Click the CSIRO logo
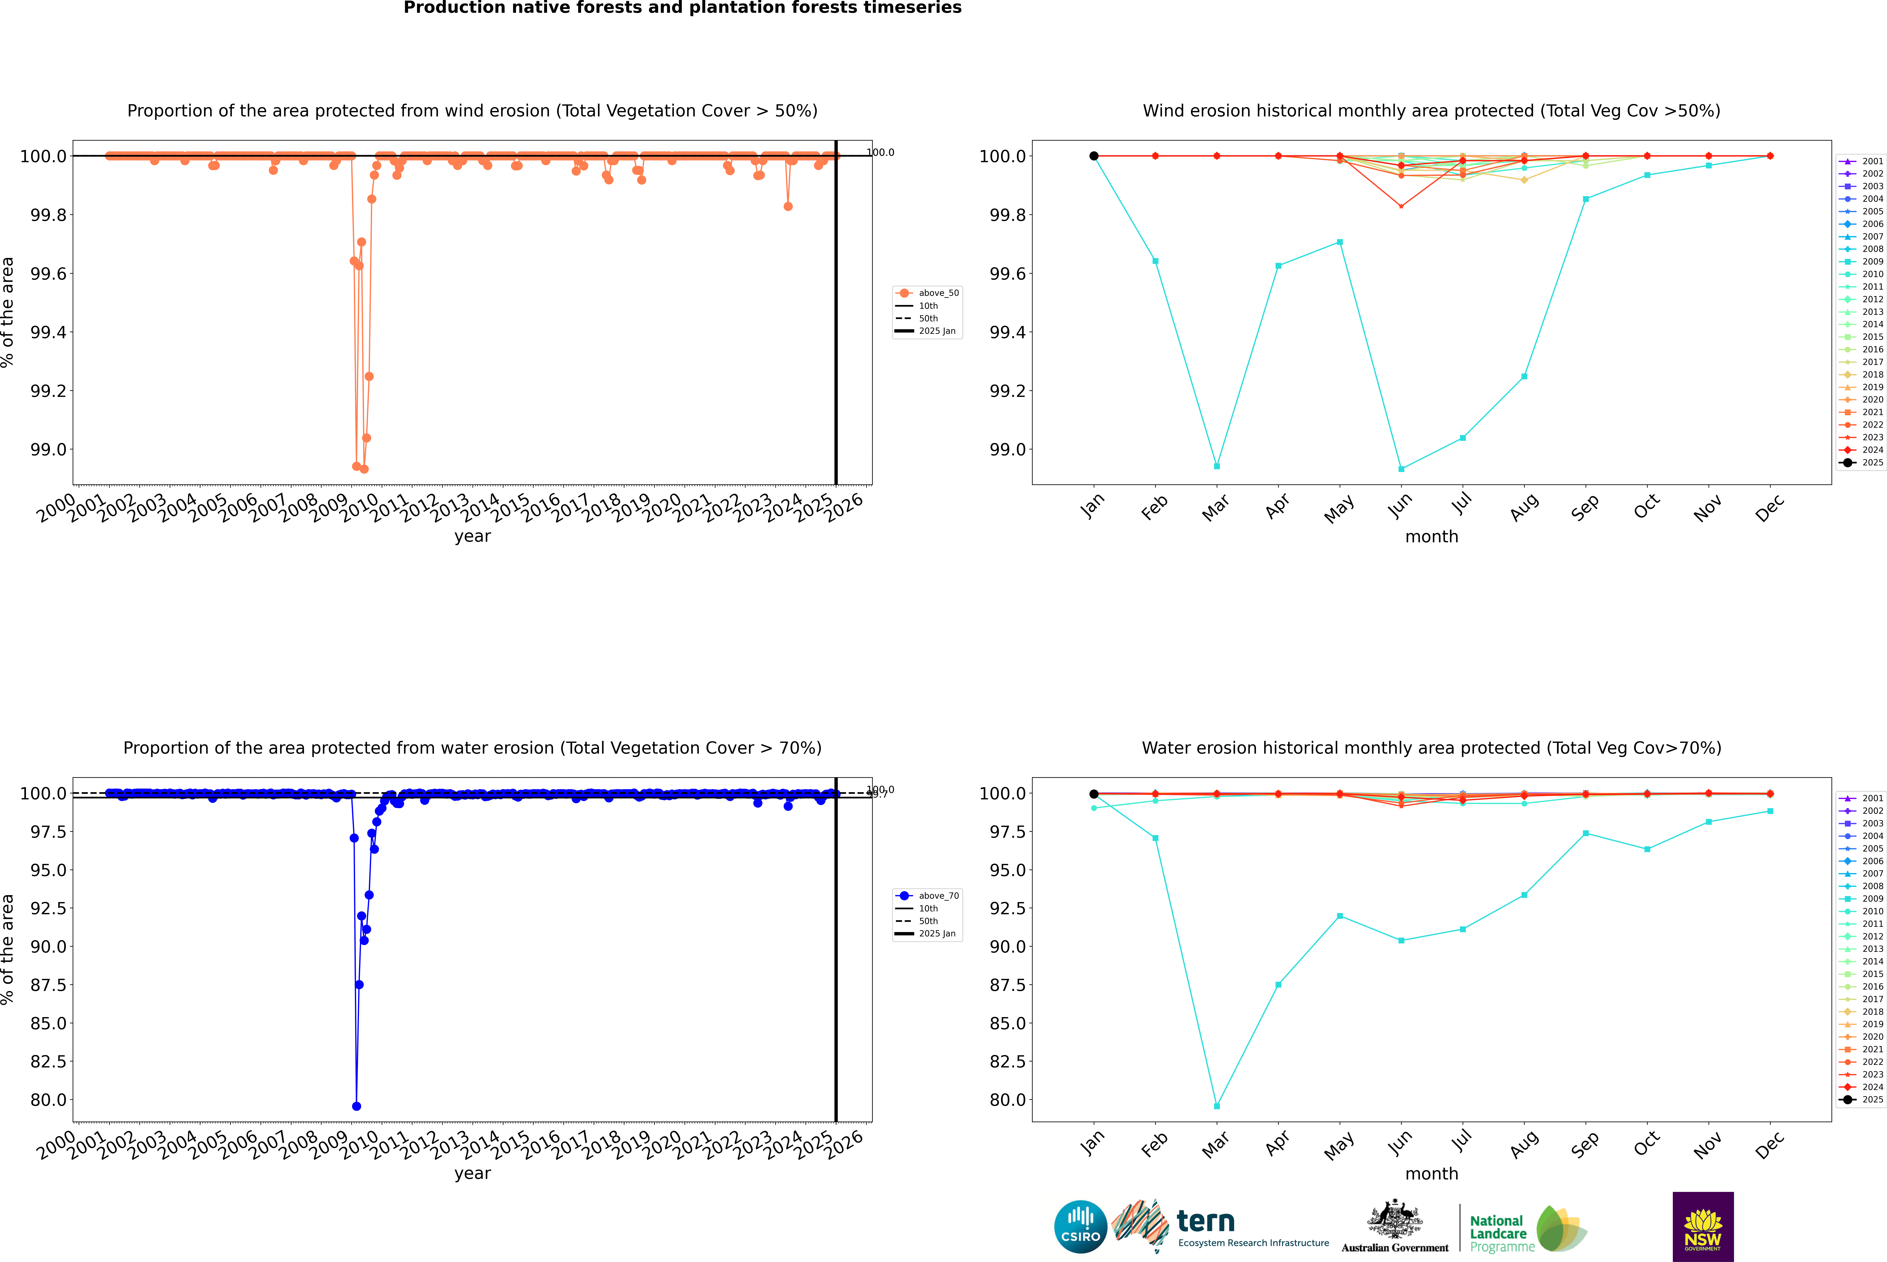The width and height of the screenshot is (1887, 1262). tap(1080, 1227)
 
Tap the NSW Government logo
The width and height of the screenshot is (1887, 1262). tap(1703, 1227)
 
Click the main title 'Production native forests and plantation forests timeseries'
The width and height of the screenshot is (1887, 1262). tap(682, 8)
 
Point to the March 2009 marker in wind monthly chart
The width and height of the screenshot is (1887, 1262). tap(1216, 466)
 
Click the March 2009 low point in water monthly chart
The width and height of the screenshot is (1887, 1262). tap(1216, 1106)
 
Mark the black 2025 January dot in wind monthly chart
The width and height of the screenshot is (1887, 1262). tap(1094, 156)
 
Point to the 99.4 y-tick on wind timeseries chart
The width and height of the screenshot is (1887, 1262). tap(48, 332)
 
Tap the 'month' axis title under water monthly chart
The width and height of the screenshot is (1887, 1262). tap(1431, 1174)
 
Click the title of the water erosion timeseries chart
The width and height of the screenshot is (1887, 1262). tap(472, 748)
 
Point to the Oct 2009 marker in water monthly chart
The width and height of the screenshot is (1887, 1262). tap(1647, 849)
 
